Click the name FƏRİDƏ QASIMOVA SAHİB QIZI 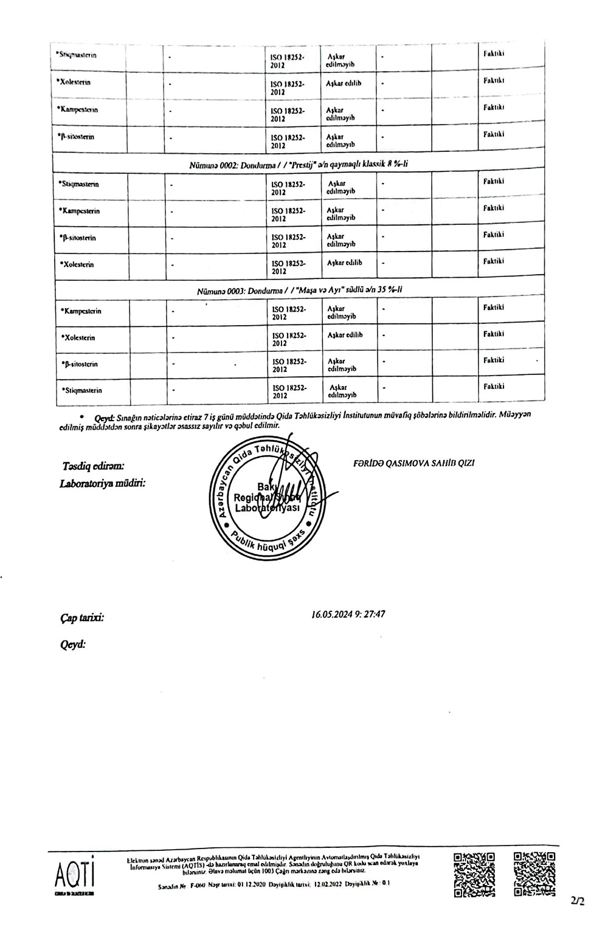(x=413, y=463)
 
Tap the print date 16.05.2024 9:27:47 (x=348, y=614)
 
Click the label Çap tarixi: (x=82, y=618)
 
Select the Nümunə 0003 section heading (x=300, y=290)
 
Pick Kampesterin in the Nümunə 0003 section (x=81, y=311)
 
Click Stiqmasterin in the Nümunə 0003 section (x=81, y=390)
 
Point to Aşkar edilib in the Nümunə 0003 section (x=345, y=335)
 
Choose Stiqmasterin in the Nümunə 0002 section (x=79, y=184)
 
